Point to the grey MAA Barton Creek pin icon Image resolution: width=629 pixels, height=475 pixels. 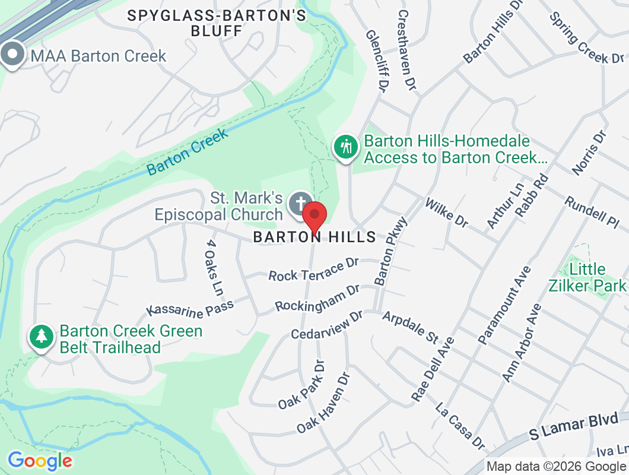(12, 55)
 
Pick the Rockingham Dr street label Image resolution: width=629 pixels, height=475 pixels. (317, 298)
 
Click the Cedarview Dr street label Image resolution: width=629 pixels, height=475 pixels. (326, 325)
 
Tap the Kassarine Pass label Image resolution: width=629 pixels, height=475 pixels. (190, 308)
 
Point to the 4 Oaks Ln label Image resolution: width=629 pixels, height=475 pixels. (215, 268)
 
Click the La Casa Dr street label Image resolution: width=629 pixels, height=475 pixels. (460, 426)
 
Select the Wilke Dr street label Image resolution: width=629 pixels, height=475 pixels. (447, 212)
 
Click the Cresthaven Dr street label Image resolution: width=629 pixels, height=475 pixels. (406, 50)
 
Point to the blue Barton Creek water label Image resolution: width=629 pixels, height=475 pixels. (188, 152)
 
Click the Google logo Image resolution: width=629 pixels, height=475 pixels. (40, 461)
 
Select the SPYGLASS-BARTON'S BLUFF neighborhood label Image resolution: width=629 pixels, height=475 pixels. (217, 23)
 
